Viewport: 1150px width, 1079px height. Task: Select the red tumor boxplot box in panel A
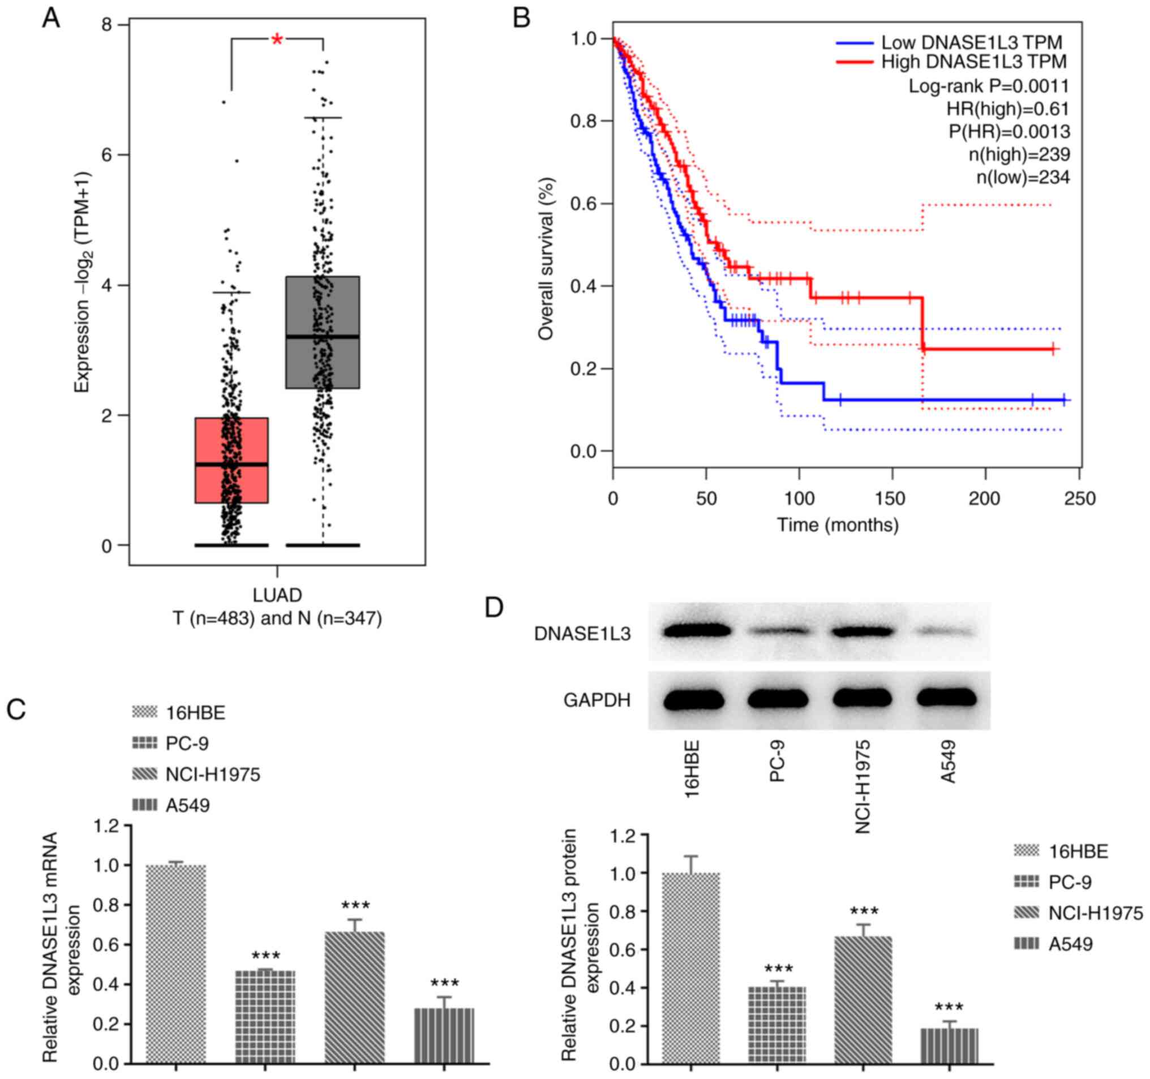(x=231, y=459)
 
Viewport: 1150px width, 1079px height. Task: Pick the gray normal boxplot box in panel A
(x=323, y=332)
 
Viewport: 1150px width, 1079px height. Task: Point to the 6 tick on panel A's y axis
(x=106, y=155)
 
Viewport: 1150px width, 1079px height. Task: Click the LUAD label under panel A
(x=277, y=595)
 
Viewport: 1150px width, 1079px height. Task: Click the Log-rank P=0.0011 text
(x=989, y=86)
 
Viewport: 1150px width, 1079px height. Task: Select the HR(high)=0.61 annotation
(x=1008, y=109)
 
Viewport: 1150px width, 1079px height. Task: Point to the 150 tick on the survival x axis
(x=892, y=498)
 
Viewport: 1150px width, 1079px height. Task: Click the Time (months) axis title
(x=837, y=525)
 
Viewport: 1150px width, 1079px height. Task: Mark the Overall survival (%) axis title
(x=546, y=259)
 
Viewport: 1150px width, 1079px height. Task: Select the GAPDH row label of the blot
(x=597, y=700)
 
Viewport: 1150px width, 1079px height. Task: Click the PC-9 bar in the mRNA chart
(x=265, y=1017)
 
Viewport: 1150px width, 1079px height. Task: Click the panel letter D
(x=493, y=608)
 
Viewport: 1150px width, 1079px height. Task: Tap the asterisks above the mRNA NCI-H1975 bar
(x=355, y=905)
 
